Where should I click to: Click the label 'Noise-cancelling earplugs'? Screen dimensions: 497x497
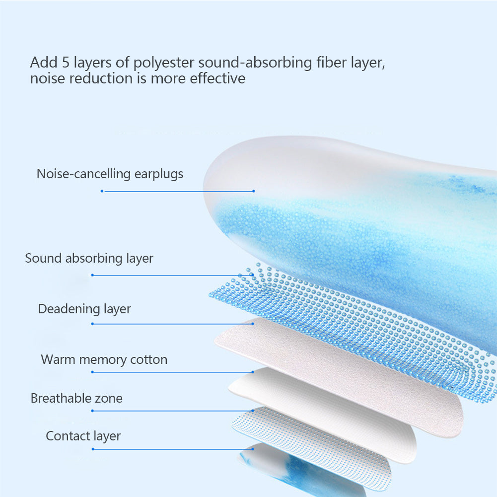[110, 174]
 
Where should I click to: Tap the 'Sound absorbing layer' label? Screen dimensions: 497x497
[89, 259]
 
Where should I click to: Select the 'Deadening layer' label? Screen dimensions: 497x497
[84, 309]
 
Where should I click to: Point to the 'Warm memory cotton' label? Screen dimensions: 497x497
[104, 360]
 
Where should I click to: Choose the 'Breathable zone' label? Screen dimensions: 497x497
[76, 398]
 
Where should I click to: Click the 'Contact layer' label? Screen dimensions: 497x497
[83, 436]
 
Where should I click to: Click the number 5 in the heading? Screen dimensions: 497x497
[66, 63]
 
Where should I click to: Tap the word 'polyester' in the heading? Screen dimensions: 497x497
[163, 63]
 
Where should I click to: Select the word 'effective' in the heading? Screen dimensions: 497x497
[217, 78]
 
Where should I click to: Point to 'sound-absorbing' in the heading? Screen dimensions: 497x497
[255, 63]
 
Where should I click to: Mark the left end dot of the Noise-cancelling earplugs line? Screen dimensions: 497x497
[102, 191]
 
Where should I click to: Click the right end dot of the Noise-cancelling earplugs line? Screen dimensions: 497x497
[254, 191]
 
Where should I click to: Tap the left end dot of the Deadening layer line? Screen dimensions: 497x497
[92, 324]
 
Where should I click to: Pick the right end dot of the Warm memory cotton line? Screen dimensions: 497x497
[253, 372]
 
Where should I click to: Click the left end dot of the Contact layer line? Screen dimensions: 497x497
[92, 449]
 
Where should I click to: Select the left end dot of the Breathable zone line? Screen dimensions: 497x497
[92, 411]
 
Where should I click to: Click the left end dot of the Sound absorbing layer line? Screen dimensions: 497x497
[92, 275]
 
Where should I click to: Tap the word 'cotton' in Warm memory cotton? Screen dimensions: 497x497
[148, 360]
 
